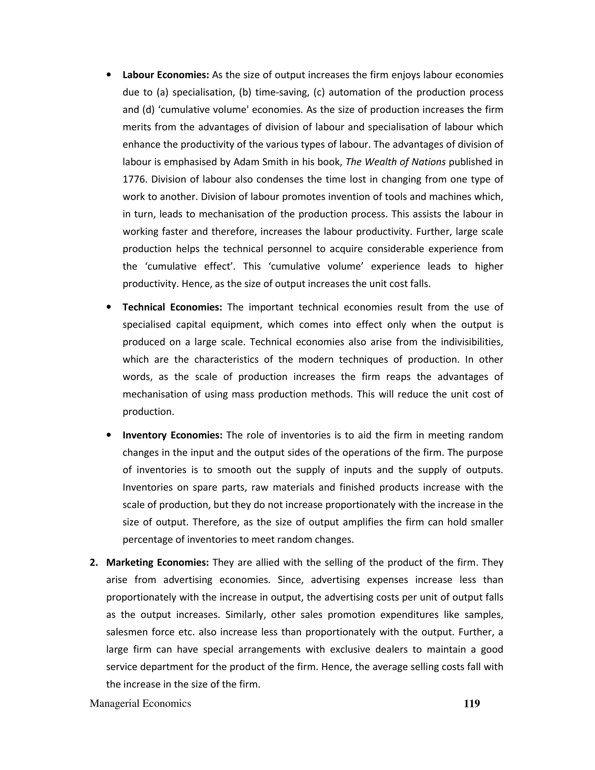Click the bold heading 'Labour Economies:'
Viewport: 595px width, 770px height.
click(166, 75)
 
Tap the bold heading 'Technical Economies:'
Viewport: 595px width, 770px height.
click(172, 307)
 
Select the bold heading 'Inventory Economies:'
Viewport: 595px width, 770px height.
click(172, 435)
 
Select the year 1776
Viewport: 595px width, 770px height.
click(134, 180)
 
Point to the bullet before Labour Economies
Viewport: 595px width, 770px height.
click(109, 75)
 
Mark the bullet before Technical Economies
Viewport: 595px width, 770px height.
click(109, 307)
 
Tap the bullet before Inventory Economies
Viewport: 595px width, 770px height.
click(109, 435)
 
